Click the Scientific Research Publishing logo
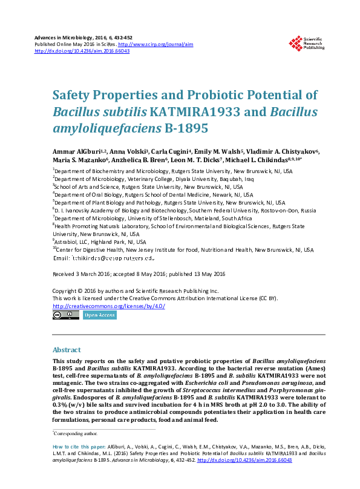[x=307, y=43]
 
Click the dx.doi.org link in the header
[x=82, y=51]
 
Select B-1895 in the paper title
[x=186, y=128]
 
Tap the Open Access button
[x=99, y=315]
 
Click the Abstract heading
[x=67, y=350]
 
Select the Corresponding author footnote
[x=78, y=433]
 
